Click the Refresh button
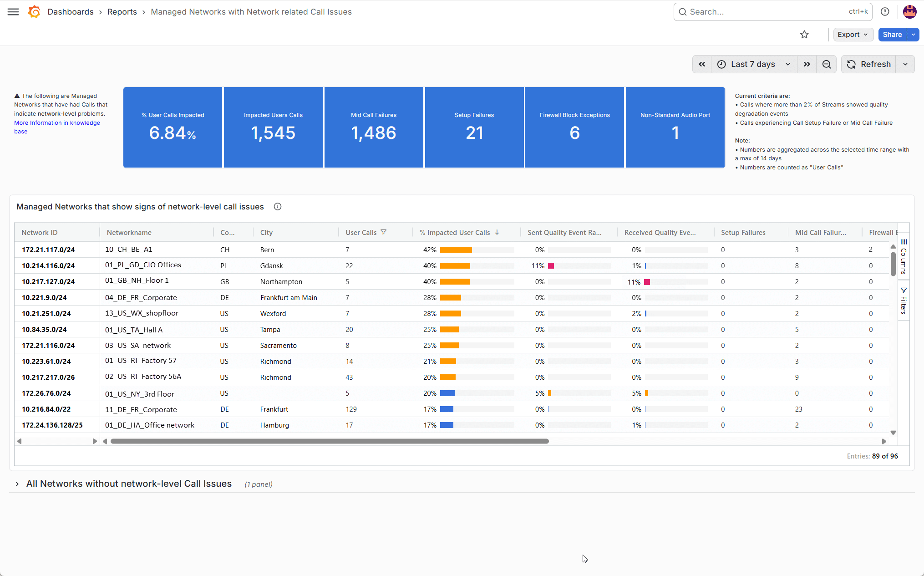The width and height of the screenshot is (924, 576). coord(868,64)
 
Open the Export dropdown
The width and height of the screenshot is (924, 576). coord(853,35)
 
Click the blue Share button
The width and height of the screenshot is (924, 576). coord(892,35)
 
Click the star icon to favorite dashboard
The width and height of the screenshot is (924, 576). coord(804,35)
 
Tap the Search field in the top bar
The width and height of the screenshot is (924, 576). coord(772,12)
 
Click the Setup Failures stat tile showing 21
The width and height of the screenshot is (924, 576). coord(474,127)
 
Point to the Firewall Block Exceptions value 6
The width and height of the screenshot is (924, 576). coord(575,133)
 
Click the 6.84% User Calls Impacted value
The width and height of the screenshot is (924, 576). coord(173,133)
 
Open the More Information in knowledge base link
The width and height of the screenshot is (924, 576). coord(57,127)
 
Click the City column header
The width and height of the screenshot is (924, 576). coord(266,233)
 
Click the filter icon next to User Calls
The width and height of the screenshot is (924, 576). coord(384,232)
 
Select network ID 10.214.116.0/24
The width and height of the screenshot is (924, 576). coord(48,266)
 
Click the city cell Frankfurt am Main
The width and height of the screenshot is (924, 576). coord(289,298)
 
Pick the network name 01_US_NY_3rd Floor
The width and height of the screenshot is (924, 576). coord(139,394)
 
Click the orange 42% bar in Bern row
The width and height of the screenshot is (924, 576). coord(456,250)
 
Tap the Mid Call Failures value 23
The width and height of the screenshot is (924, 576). coord(798,409)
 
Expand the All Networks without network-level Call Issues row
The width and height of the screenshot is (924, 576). coord(17,484)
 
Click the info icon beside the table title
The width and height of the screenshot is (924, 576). coord(278,207)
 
